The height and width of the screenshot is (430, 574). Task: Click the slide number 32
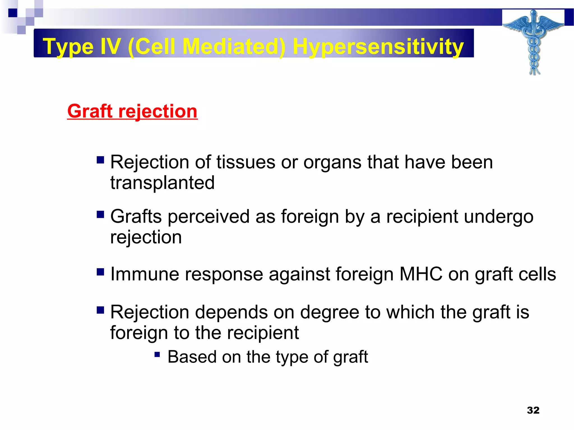pos(533,410)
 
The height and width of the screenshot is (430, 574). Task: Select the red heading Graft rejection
pos(132,111)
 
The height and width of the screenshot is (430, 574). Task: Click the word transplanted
pos(162,183)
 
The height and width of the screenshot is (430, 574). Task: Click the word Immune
pos(145,274)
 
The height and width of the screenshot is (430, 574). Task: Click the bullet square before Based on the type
pos(157,355)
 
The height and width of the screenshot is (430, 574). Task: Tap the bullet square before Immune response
pos(100,272)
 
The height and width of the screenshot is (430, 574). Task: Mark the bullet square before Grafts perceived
pos(100,214)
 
